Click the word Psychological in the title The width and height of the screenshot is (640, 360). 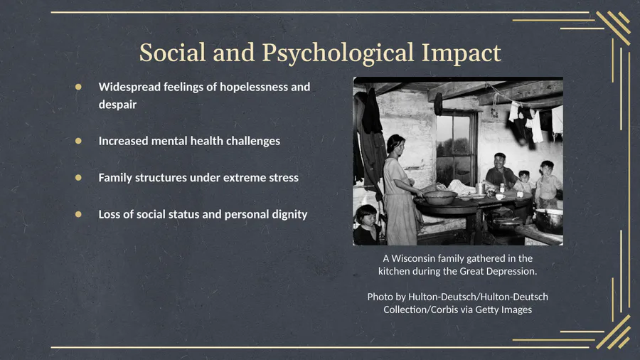pos(338,53)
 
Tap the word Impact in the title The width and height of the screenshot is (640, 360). pos(462,53)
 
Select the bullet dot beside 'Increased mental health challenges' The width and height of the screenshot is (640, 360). pos(78,141)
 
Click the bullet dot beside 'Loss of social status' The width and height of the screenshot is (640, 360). pos(78,214)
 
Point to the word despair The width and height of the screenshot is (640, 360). pos(117,105)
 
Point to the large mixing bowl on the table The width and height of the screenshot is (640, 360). pos(440,198)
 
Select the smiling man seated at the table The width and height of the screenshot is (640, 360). pos(501,171)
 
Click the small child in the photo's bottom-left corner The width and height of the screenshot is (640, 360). pos(366,225)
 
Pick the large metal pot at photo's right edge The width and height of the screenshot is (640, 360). pos(549,221)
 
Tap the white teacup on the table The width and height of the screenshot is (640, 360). pos(500,197)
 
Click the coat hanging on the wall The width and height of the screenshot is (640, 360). pos(371,112)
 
